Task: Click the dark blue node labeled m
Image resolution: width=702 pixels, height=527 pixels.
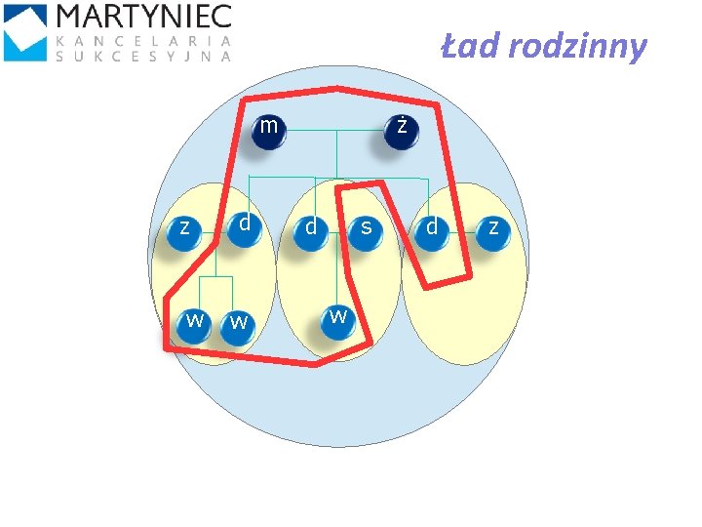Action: (267, 131)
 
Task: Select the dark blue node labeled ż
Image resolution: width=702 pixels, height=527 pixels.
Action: (399, 131)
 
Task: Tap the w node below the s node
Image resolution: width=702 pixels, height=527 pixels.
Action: (337, 320)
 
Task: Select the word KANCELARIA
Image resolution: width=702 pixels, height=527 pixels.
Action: (144, 41)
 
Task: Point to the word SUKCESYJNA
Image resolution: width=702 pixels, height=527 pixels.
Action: (144, 57)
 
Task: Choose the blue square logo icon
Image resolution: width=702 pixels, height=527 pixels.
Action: (25, 32)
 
